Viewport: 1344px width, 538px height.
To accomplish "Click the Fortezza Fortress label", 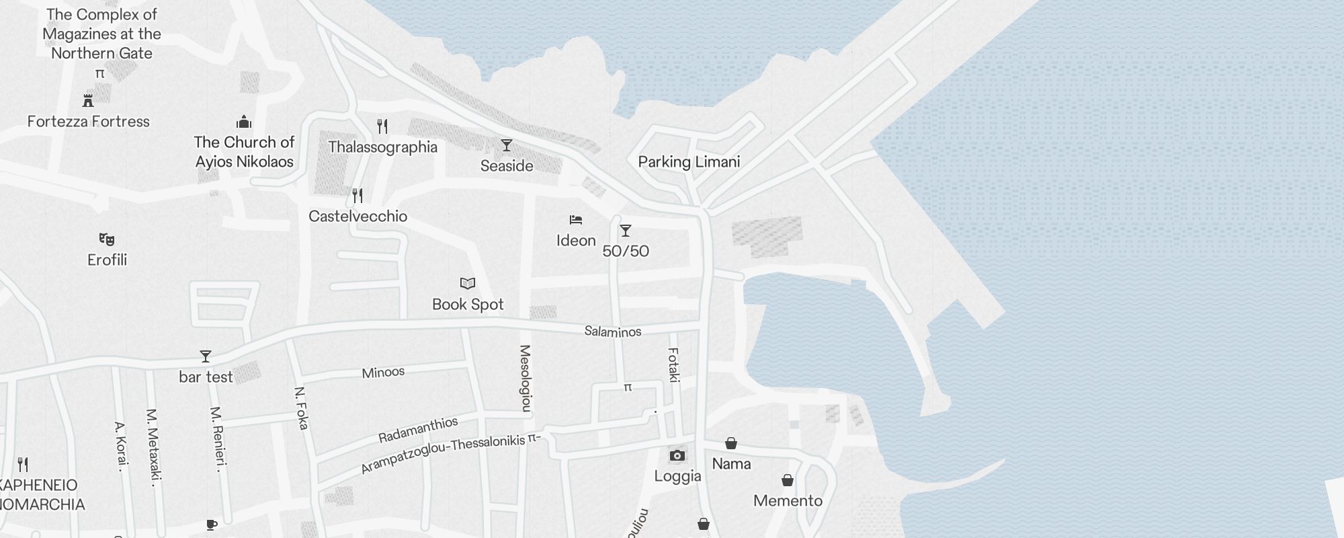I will click(89, 122).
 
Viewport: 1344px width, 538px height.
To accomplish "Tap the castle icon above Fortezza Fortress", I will click(88, 101).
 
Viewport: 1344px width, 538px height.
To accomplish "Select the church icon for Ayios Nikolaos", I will click(244, 122).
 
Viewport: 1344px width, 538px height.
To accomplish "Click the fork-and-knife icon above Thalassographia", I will click(382, 126).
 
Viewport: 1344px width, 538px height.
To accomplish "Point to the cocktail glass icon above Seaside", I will click(507, 145).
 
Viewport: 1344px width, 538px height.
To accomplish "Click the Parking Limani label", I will click(689, 162).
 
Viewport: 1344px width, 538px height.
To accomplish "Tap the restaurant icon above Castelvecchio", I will click(358, 196).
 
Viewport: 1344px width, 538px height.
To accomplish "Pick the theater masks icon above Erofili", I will click(107, 239).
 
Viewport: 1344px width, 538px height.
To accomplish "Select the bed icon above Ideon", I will click(576, 220).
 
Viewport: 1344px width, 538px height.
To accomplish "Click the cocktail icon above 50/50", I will click(626, 231).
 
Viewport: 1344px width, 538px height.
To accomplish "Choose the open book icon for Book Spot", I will click(468, 284).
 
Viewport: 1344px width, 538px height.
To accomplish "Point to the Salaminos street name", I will click(613, 331).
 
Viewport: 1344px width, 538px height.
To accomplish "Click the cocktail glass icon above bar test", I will click(206, 356).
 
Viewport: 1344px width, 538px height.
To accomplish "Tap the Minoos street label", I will click(383, 373).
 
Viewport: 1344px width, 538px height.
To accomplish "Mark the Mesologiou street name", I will click(526, 378).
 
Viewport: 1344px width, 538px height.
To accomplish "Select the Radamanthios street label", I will click(418, 430).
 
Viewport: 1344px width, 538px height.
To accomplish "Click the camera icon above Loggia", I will click(677, 456).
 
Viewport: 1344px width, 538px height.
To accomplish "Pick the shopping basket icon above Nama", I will click(731, 443).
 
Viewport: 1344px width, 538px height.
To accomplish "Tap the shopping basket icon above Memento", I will click(788, 480).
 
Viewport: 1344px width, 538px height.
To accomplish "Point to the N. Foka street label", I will click(302, 408).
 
